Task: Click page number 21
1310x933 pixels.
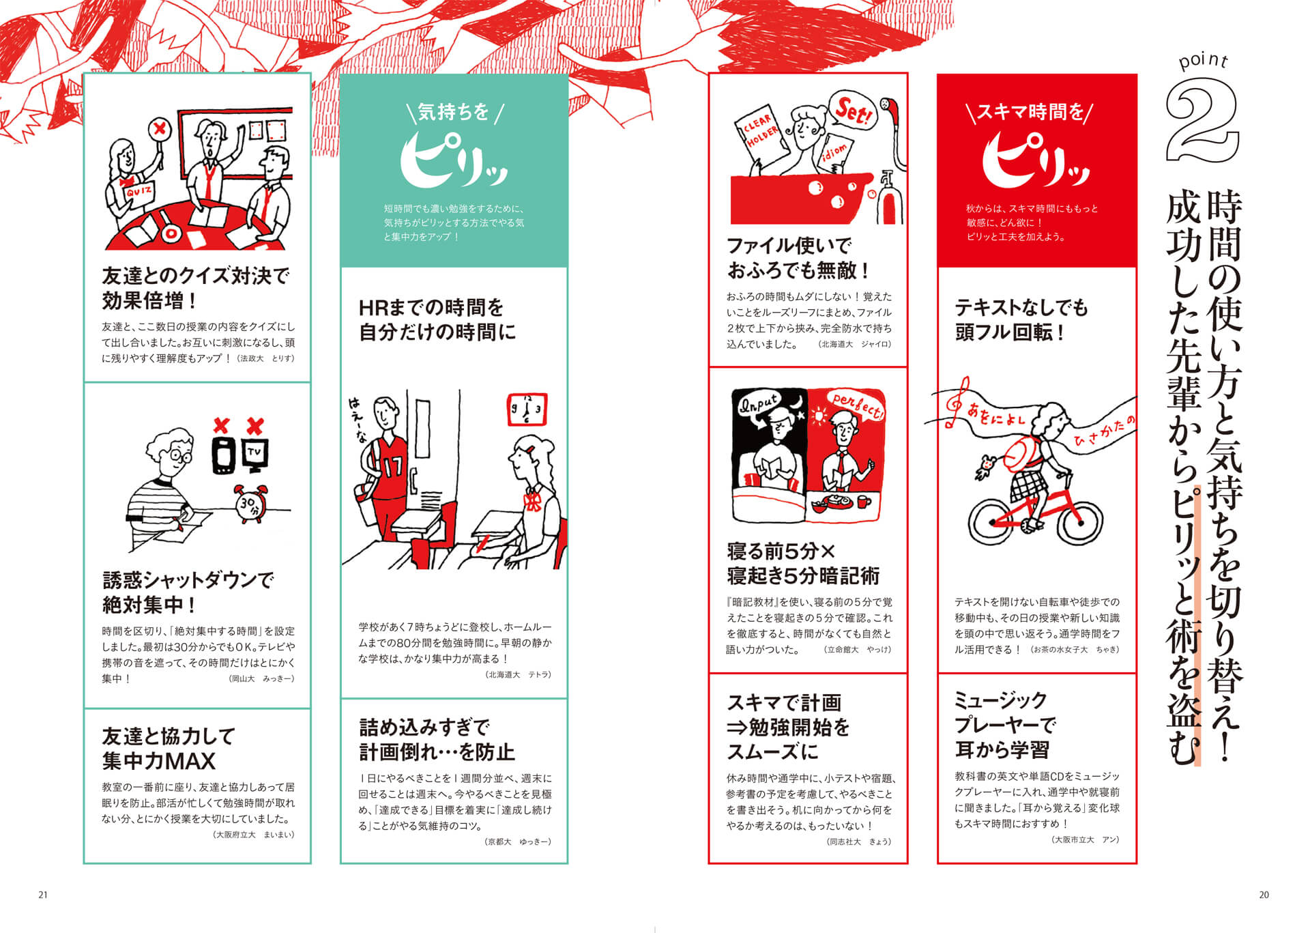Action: [43, 895]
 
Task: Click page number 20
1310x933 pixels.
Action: [1264, 895]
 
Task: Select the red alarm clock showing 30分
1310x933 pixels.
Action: [249, 504]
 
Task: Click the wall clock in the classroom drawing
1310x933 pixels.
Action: [527, 410]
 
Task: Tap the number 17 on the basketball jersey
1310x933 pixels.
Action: [394, 468]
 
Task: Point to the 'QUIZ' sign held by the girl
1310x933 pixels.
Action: [139, 192]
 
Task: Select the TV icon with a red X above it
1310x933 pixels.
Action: [255, 454]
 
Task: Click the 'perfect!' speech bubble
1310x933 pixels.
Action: [857, 405]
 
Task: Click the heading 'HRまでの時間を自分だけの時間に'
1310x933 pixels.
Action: [437, 319]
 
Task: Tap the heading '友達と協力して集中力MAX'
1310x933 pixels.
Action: [169, 749]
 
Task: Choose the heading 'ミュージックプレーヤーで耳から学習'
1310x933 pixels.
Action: [1004, 725]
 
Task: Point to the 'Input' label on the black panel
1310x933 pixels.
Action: [759, 404]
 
